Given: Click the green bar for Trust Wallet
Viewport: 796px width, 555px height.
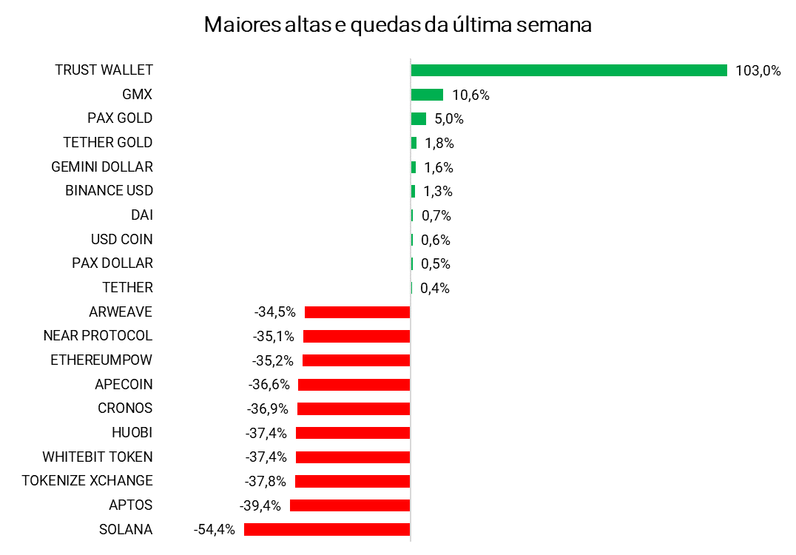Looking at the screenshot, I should pos(569,70).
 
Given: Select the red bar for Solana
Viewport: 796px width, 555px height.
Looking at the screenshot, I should pos(327,530).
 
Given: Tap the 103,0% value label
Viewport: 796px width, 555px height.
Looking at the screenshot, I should pos(758,71).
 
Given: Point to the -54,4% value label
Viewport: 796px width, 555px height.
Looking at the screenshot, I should pos(214,530).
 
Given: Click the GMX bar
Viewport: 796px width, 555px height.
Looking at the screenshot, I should pos(427,95).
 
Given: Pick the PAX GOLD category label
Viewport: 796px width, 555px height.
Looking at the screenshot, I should pos(120,118).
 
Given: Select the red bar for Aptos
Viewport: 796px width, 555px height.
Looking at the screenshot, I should pos(350,505).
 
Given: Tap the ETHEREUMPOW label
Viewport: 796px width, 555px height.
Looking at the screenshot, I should pos(101,360).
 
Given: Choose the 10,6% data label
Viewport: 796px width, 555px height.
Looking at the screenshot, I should pos(471,95).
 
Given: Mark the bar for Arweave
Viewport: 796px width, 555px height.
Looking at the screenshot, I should pos(357,312).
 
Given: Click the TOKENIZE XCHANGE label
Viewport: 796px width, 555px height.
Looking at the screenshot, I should pos(87,481).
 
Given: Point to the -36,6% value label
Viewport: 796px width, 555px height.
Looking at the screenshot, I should pos(269,385).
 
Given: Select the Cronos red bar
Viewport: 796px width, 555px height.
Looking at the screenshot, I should pos(354,408).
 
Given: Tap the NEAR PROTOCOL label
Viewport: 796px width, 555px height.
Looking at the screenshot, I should pos(98,336).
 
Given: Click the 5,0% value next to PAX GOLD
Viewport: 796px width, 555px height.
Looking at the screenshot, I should pos(449,119).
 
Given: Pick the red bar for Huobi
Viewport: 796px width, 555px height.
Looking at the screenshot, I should pos(353,433).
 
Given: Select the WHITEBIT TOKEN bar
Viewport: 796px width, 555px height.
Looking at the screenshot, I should pos(353,457).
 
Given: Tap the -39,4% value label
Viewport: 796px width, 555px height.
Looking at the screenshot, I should pos(260,506).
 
